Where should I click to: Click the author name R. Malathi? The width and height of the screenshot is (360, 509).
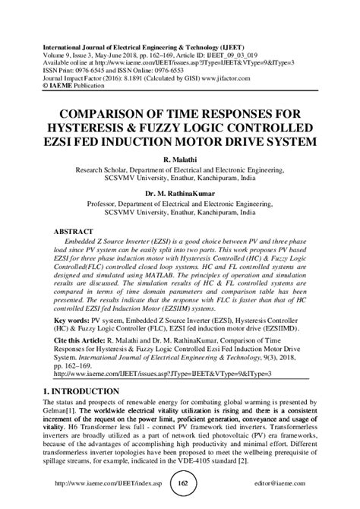(179, 160)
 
